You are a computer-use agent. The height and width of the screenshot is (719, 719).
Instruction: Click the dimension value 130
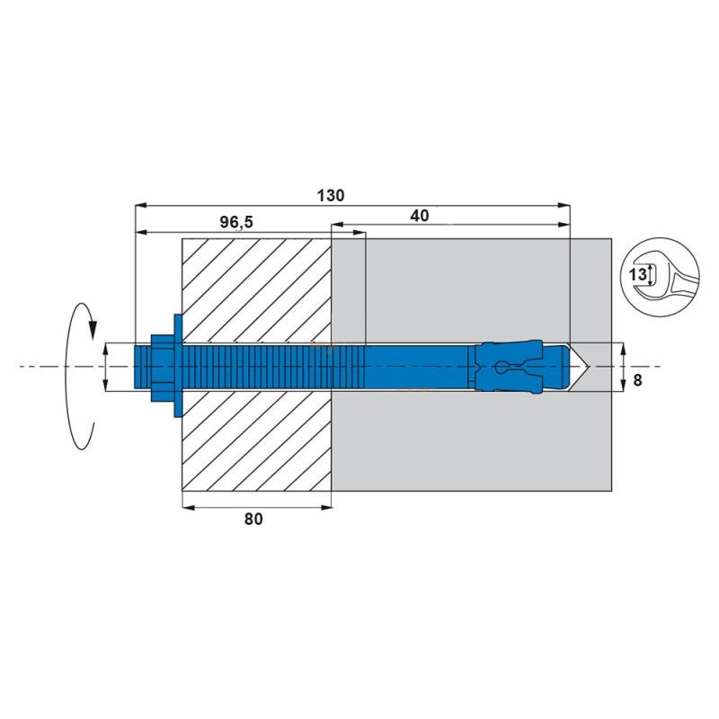click(x=332, y=195)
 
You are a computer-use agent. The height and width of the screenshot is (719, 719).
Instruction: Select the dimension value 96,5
click(x=237, y=221)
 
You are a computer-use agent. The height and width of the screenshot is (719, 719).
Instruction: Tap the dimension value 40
click(x=419, y=215)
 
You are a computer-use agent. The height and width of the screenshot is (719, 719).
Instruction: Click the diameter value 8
click(x=637, y=380)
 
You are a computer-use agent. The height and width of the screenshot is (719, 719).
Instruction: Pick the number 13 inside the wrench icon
click(x=636, y=275)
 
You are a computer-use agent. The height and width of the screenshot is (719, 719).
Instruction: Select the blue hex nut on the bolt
click(x=161, y=368)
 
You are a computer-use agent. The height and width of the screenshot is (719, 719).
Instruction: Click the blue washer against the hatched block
click(x=176, y=368)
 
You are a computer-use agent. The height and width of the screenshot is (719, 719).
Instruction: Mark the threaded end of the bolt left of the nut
click(x=142, y=368)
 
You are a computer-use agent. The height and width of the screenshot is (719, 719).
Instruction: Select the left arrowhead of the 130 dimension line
click(x=138, y=206)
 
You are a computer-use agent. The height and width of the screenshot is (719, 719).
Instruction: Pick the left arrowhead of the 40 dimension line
click(x=336, y=225)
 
